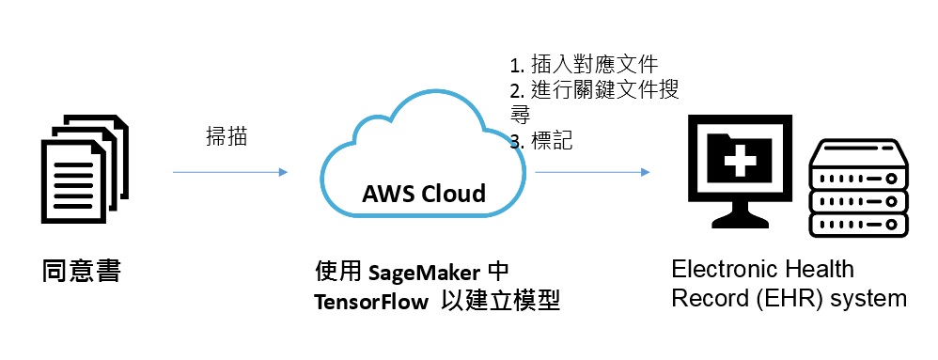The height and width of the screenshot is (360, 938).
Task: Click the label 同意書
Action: (82, 272)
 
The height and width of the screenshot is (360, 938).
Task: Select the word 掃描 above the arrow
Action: (227, 136)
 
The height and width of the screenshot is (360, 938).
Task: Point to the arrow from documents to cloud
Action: (229, 173)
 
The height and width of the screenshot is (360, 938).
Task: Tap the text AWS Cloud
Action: (424, 195)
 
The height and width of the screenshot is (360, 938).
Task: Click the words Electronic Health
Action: (762, 270)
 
